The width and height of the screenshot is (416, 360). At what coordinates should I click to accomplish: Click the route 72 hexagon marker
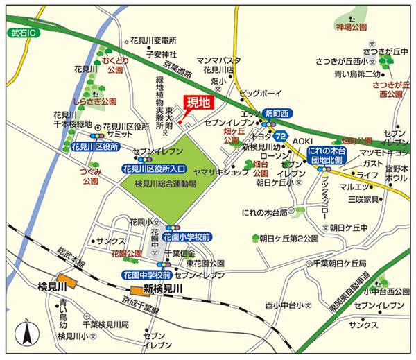[280, 136]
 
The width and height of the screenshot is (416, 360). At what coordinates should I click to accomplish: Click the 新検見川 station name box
[163, 289]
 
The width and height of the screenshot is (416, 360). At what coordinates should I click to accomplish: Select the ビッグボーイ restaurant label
[258, 92]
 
